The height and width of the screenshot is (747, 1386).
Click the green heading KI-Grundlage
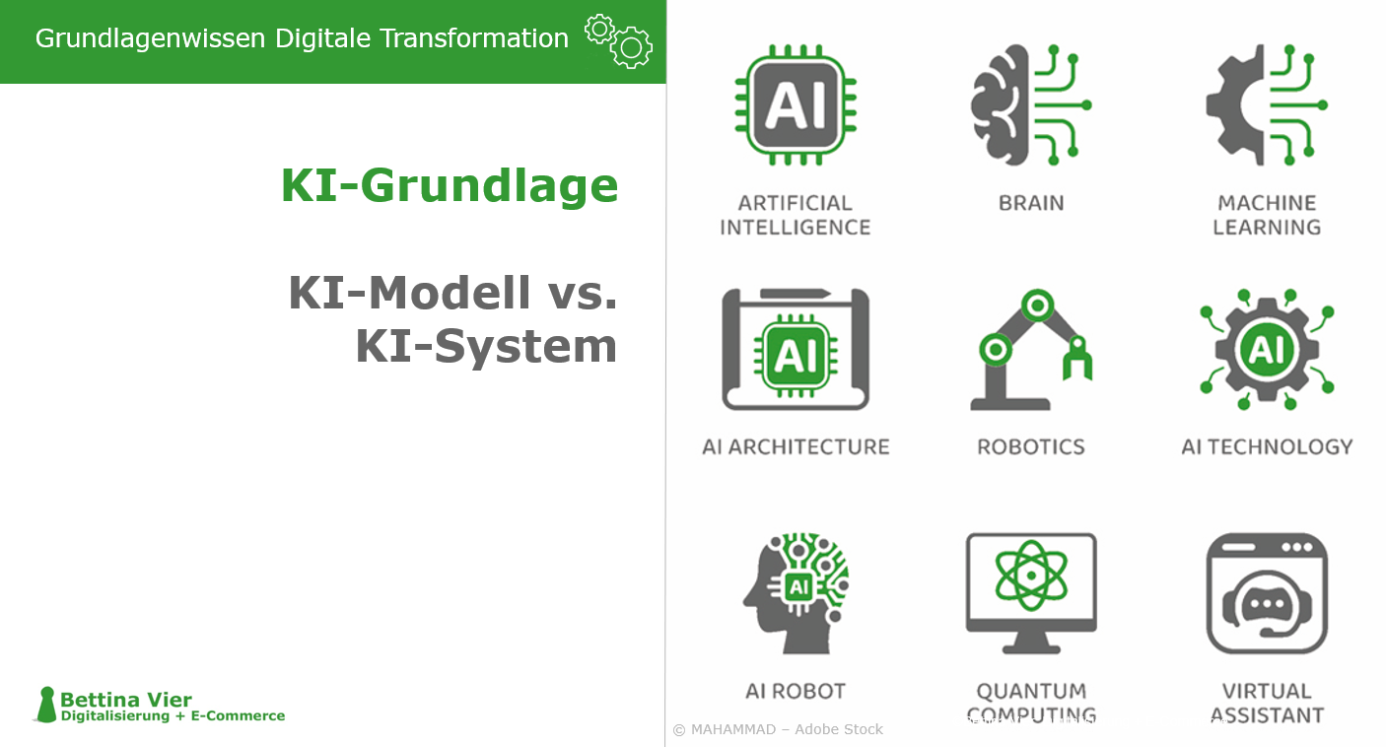click(450, 185)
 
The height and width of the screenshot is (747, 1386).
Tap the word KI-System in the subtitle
click(486, 346)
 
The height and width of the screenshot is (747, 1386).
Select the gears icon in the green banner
click(619, 40)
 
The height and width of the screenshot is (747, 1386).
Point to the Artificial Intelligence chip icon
click(795, 104)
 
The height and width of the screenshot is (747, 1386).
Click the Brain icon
click(1030, 104)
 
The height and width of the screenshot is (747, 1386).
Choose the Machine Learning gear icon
click(1266, 104)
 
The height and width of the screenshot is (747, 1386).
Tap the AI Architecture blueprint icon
click(795, 349)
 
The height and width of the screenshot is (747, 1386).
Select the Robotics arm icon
click(1030, 349)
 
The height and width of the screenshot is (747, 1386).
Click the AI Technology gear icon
click(1266, 349)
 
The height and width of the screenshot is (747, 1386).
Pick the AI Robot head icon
click(795, 593)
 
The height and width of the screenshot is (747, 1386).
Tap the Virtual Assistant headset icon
click(1266, 593)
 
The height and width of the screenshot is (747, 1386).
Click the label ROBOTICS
click(1030, 447)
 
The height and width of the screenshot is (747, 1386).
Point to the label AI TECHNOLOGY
click(1266, 447)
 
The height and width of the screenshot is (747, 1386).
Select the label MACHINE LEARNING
click(1266, 215)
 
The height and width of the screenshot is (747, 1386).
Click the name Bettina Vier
click(126, 700)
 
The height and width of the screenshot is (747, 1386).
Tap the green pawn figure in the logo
click(45, 705)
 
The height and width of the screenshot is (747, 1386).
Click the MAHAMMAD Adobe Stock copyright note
click(778, 729)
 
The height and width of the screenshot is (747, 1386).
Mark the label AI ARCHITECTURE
click(795, 447)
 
